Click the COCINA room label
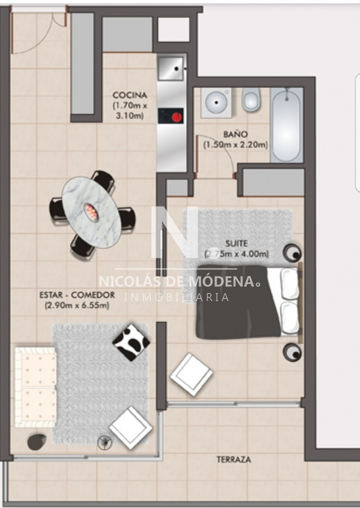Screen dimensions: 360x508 130,95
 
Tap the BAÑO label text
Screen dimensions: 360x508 235,134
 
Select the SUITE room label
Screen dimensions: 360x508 236,243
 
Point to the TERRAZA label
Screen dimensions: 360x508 234,459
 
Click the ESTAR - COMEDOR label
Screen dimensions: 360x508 77,295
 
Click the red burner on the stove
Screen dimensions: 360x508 177,117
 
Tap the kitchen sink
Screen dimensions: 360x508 170,69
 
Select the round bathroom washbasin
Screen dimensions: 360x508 216,102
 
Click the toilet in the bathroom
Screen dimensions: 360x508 251,99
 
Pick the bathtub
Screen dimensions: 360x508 287,125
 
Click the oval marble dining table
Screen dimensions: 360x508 91,212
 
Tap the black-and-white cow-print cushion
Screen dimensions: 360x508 131,343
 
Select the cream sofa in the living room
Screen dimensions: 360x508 36,387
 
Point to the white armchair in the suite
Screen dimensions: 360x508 191,374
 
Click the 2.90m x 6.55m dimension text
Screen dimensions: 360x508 77,305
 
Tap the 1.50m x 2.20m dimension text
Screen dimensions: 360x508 235,144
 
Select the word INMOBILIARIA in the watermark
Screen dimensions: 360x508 177,297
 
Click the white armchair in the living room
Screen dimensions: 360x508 130,427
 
